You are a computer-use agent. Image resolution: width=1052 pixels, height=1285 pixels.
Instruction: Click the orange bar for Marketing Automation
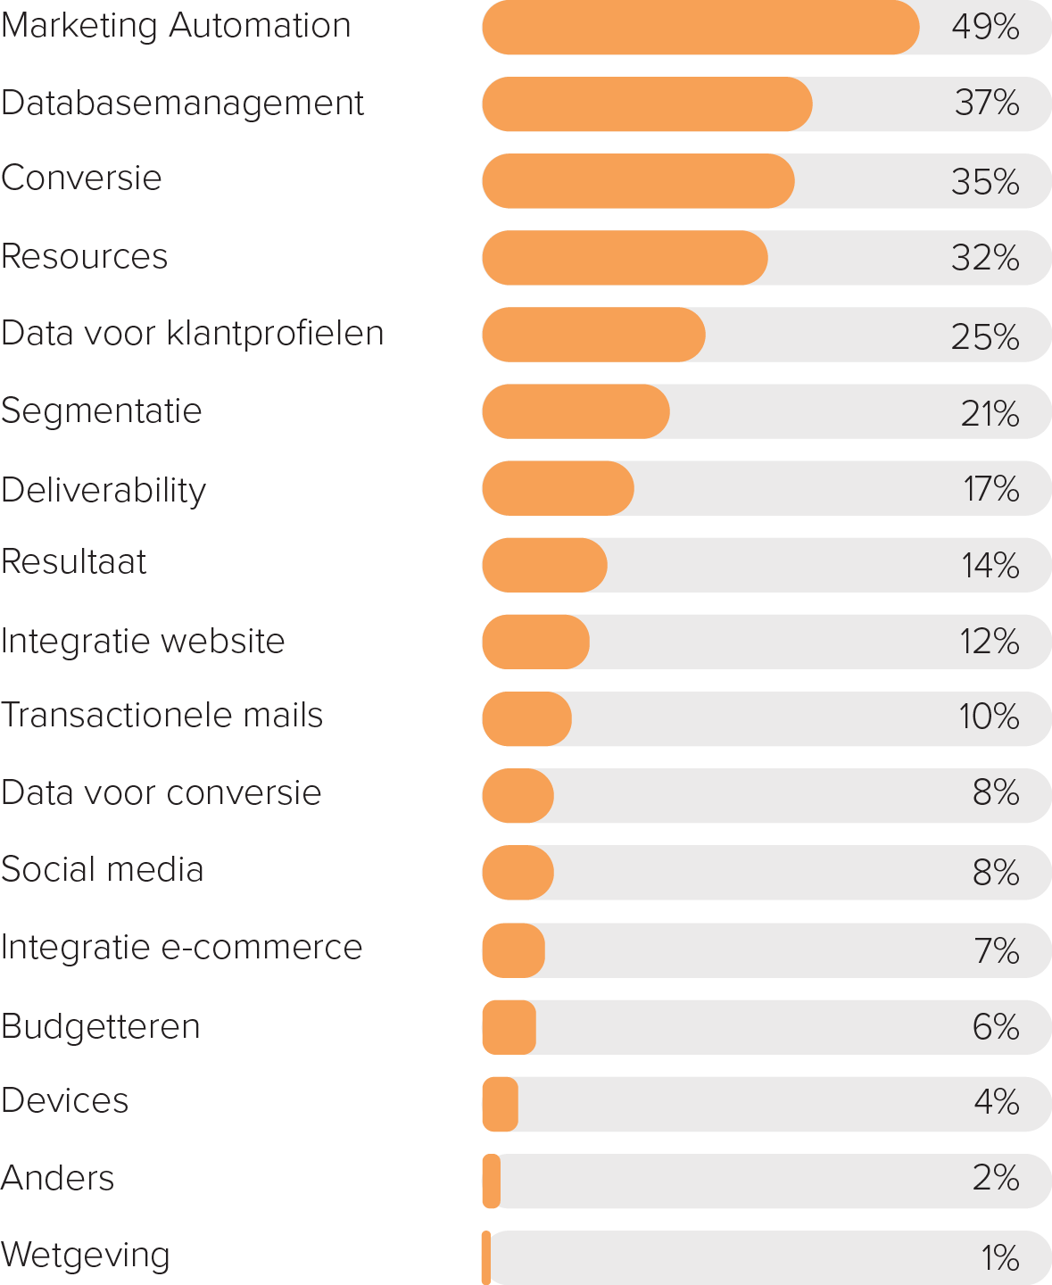(700, 28)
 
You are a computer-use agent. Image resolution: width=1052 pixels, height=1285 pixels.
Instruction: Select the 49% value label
(985, 28)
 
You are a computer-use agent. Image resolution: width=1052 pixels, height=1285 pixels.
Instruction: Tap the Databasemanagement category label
(182, 104)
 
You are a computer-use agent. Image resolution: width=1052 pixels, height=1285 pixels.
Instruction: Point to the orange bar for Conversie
(638, 181)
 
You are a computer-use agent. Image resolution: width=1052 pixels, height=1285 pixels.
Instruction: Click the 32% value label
(985, 258)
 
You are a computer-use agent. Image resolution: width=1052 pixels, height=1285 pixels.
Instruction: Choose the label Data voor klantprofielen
(192, 334)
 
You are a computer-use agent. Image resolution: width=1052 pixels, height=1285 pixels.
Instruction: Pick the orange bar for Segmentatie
(576, 411)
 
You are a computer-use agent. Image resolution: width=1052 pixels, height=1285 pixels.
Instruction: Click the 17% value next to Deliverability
(990, 489)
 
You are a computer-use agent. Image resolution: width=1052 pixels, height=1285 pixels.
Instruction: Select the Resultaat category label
(73, 562)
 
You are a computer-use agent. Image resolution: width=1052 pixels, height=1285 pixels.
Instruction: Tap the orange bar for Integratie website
(535, 642)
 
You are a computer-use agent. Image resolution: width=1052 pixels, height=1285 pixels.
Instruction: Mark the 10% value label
(989, 717)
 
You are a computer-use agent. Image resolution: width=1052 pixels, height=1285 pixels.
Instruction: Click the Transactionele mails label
(162, 716)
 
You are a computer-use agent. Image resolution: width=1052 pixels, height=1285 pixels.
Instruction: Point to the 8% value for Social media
(996, 873)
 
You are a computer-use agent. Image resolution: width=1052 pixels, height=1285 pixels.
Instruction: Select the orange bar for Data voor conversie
(518, 795)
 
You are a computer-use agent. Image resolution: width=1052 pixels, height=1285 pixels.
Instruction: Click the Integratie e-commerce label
(181, 948)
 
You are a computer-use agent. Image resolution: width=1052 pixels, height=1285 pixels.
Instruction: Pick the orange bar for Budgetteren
(509, 1027)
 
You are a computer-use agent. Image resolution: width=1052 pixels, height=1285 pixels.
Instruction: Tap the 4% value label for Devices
(996, 1102)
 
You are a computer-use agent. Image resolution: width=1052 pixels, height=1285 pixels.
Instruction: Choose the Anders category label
(57, 1179)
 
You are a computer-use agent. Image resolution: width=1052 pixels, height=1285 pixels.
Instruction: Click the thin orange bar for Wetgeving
(485, 1257)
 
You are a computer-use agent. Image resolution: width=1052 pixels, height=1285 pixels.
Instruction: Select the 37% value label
(987, 104)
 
